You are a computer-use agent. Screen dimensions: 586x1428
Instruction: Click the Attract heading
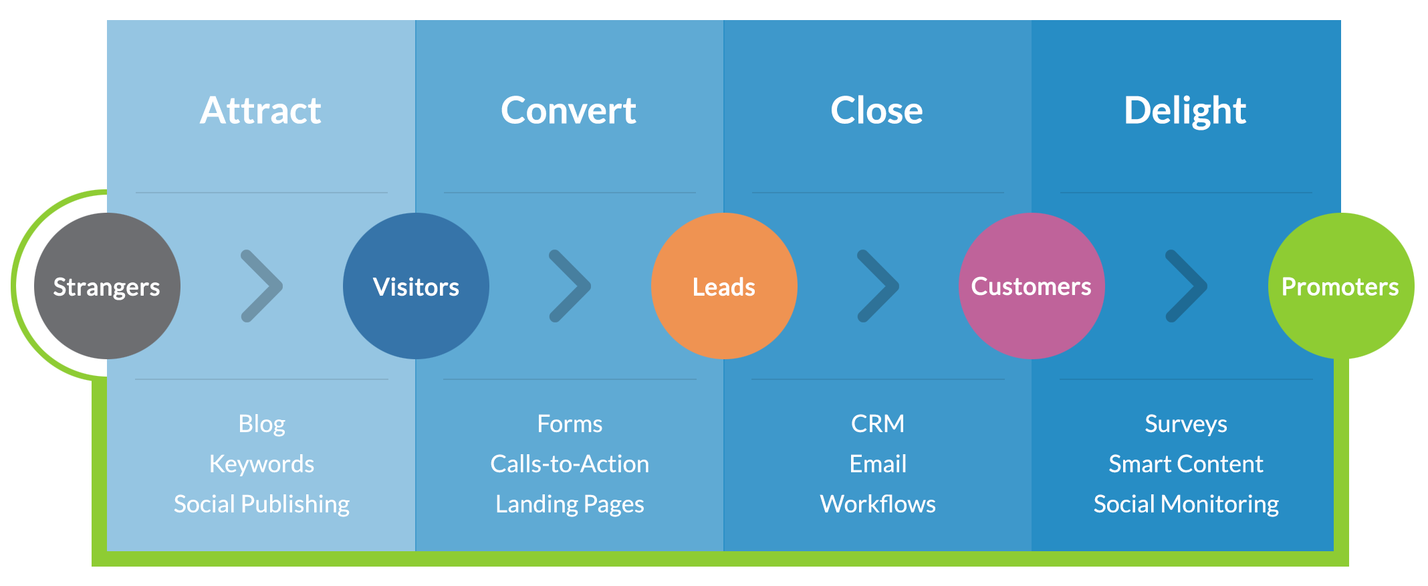[261, 110]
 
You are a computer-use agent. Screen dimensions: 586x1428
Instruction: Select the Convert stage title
[568, 110]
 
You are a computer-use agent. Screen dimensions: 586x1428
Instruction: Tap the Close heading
[876, 110]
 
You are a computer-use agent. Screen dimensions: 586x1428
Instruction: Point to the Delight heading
[1185, 110]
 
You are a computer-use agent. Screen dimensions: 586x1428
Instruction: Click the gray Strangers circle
[107, 286]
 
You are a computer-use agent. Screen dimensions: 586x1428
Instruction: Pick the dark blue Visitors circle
[416, 286]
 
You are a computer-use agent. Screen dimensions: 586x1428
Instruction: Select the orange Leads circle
[724, 286]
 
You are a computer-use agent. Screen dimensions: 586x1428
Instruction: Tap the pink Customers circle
[1032, 286]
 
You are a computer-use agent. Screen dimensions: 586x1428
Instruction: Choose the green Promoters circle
[1340, 286]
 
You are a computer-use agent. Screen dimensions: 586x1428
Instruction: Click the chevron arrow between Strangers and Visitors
[262, 286]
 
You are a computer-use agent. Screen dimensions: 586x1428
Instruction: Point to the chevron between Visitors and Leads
[570, 286]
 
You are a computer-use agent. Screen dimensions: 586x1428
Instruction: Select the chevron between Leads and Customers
[878, 286]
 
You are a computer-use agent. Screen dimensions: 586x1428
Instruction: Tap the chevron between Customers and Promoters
[1187, 286]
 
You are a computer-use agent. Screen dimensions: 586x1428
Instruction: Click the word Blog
[262, 424]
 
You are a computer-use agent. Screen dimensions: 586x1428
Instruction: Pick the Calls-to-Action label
[570, 464]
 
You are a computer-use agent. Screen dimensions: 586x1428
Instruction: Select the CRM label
[878, 423]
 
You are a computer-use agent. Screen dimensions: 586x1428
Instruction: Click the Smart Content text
[1186, 464]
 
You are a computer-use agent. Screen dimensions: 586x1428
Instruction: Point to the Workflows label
[878, 504]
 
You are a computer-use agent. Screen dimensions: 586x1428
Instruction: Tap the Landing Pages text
[570, 504]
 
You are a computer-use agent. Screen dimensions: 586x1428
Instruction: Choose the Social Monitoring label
[1186, 504]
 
